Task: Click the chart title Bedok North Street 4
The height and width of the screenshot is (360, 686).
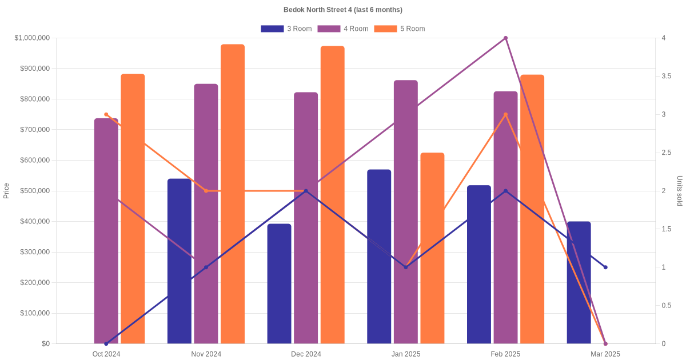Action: coord(343,10)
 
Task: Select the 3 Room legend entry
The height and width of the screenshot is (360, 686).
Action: coord(286,29)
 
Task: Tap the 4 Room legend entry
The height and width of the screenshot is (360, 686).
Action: coord(342,29)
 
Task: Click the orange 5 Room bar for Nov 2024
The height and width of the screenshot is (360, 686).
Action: coord(233,194)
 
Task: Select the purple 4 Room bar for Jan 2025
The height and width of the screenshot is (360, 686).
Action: coord(406,211)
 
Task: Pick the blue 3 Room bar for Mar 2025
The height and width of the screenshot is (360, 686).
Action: coord(579,283)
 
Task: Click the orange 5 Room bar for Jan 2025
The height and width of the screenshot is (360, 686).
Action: coord(432,248)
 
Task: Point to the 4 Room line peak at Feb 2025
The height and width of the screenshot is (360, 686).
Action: coord(505,38)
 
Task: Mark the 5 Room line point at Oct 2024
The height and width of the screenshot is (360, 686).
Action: coord(106,114)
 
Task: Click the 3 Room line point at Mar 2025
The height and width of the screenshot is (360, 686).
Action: coord(605,267)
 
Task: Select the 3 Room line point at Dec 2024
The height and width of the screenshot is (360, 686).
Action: coord(306,191)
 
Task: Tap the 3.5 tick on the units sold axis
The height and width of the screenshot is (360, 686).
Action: coord(667,76)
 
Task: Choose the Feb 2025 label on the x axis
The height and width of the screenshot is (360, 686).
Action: coord(505,354)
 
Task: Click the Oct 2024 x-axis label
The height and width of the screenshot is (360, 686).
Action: coord(106,354)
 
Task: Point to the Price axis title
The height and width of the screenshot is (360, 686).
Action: coord(6,191)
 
